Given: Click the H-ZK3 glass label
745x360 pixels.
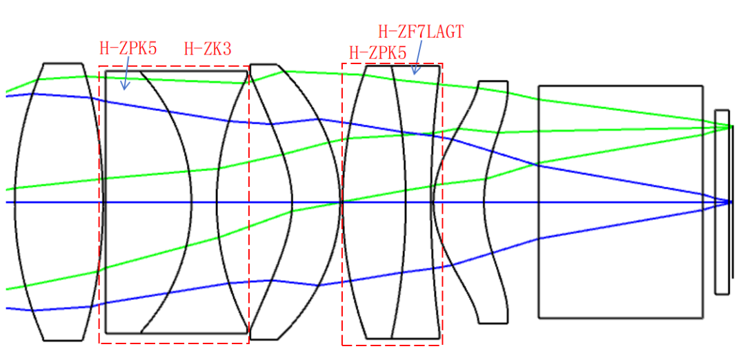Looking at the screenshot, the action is [x=208, y=48].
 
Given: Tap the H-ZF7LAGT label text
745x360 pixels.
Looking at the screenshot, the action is [x=421, y=31].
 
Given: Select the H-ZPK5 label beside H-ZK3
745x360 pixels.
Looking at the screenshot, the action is [x=128, y=48].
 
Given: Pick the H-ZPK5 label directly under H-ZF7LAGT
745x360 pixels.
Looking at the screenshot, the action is [x=378, y=52].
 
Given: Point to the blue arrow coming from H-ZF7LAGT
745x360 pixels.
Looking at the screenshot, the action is [x=417, y=57].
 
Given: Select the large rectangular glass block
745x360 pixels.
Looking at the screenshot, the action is [x=620, y=202].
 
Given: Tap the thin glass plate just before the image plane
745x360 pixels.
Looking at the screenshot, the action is [x=722, y=202].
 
